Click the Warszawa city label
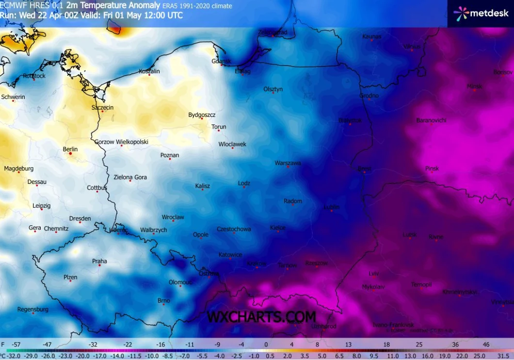[288, 163]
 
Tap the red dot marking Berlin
[71, 153]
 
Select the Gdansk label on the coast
[221, 61]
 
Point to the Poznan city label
[170, 155]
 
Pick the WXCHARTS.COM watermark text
[261, 317]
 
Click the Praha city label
[99, 261]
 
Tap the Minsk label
[474, 86]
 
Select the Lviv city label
[373, 274]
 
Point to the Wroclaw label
[173, 217]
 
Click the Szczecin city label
[102, 107]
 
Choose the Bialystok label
[350, 120]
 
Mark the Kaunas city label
[371, 36]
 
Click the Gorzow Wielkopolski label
[121, 142]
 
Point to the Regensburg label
[32, 309]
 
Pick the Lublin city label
[331, 207]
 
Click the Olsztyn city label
[273, 89]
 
